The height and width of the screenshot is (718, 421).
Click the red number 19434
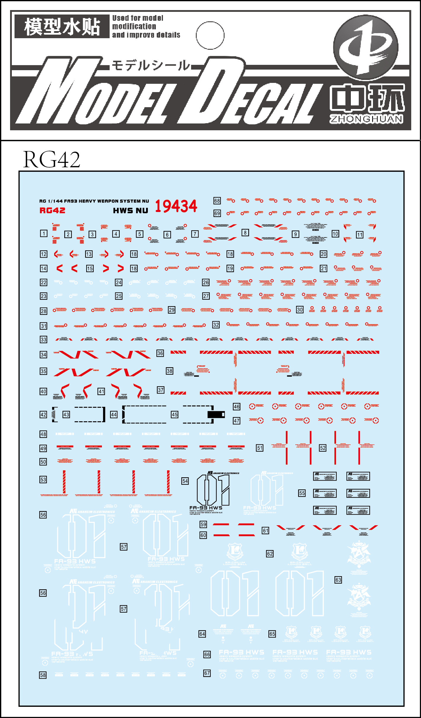pyautogui.click(x=176, y=206)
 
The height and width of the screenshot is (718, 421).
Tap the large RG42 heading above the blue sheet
pyautogui.click(x=52, y=159)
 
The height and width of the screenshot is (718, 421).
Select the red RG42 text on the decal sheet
pyautogui.click(x=52, y=211)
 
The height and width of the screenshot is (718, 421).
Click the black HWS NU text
pyautogui.click(x=131, y=211)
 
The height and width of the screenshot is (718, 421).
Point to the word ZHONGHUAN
pyautogui.click(x=366, y=119)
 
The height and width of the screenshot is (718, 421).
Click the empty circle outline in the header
pyautogui.click(x=210, y=36)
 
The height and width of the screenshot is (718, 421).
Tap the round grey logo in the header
pyautogui.click(x=366, y=48)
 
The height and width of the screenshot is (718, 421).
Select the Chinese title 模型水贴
pyautogui.click(x=62, y=27)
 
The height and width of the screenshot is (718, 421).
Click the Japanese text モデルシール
pyautogui.click(x=151, y=65)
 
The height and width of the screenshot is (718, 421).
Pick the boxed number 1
pyautogui.click(x=44, y=234)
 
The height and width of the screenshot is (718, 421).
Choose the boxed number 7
pyautogui.click(x=195, y=234)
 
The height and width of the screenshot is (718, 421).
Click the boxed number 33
pyautogui.click(x=44, y=340)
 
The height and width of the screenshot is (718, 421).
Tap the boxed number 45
pyautogui.click(x=175, y=415)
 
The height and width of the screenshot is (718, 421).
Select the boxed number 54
pyautogui.click(x=185, y=481)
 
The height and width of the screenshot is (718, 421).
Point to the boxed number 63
pyautogui.click(x=338, y=580)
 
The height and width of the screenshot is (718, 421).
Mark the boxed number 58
pyautogui.click(x=43, y=675)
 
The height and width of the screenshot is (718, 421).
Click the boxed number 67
pyautogui.click(x=207, y=673)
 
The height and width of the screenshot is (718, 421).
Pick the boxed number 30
pyautogui.click(x=300, y=310)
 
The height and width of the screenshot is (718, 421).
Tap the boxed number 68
pyautogui.click(x=217, y=201)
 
